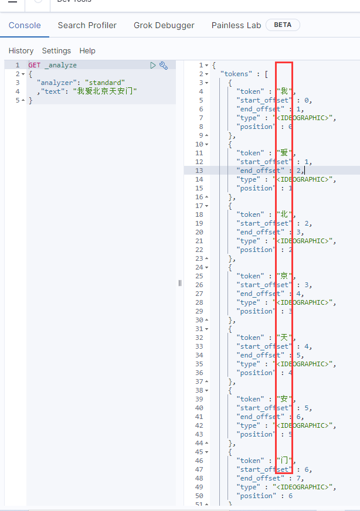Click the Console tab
click(25, 25)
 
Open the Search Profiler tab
click(87, 25)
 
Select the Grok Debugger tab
click(164, 25)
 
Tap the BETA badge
click(283, 25)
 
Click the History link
click(21, 51)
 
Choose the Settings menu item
click(56, 51)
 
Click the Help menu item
click(87, 51)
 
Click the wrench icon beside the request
click(164, 66)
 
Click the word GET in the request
click(35, 66)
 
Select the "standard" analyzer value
click(105, 83)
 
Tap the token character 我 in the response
click(285, 91)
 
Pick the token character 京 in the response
click(285, 276)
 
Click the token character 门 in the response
click(285, 461)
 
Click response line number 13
click(199, 171)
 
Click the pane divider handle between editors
click(180, 283)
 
